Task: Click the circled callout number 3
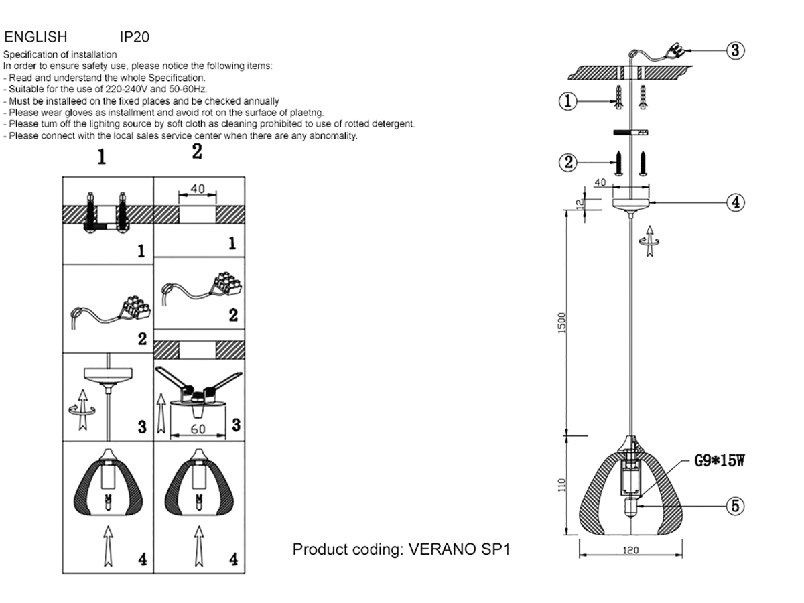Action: (736, 50)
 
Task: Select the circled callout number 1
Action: (567, 102)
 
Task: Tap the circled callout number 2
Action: (567, 161)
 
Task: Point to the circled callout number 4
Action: (736, 202)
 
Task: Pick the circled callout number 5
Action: (736, 506)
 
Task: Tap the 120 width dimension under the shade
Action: (630, 551)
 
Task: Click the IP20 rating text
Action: (133, 37)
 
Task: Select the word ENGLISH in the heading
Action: (36, 37)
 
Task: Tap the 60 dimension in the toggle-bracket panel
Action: (198, 429)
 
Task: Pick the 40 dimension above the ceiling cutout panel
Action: (198, 189)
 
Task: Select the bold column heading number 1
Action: (101, 157)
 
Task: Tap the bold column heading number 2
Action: (196, 152)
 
